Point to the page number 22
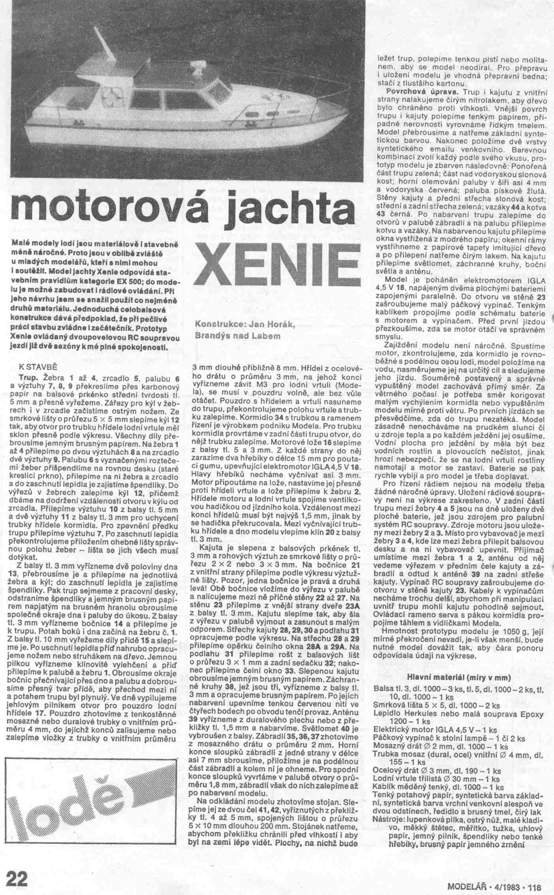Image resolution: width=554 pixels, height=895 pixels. pyautogui.click(x=17, y=878)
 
